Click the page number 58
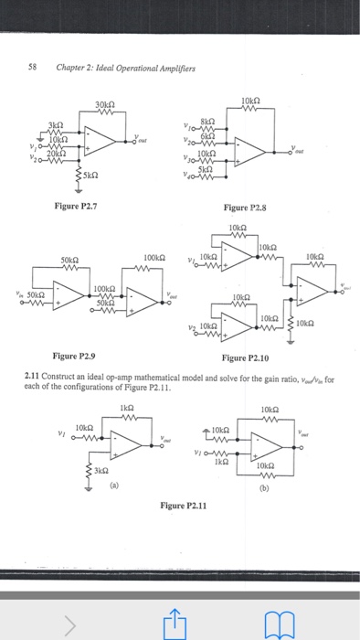(37, 67)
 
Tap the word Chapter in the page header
(72, 67)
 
